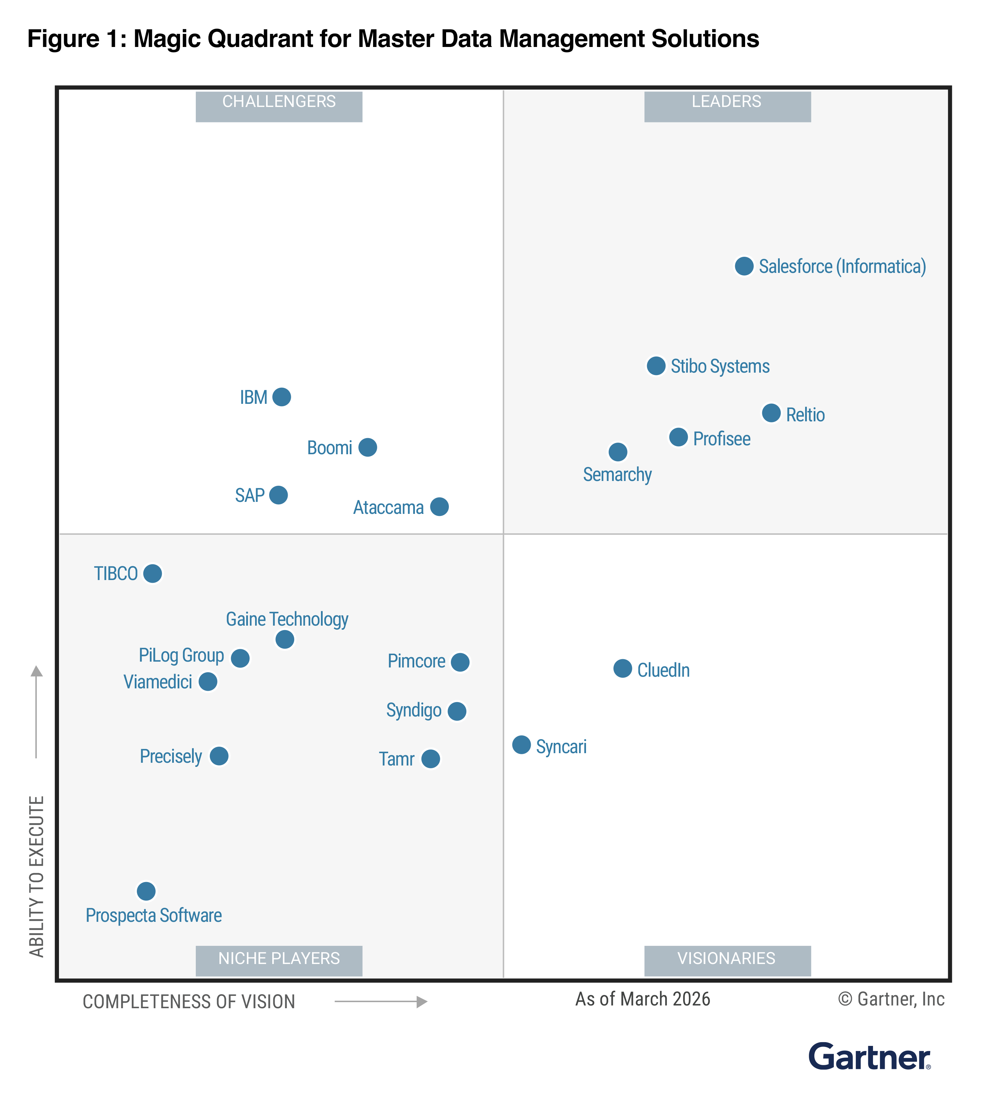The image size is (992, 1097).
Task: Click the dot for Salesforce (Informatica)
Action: [x=744, y=266]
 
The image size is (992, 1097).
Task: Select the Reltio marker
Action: [x=771, y=413]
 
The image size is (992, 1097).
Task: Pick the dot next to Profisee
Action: [x=678, y=437]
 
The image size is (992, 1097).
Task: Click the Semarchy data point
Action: [x=618, y=451]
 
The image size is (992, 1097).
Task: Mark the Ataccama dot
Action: [x=439, y=507]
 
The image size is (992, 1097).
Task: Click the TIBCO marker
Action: [x=152, y=573]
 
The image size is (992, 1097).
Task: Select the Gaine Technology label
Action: [x=287, y=619]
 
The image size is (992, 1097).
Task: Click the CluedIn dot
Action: [x=622, y=668]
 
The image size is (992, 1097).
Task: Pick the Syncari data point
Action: [x=521, y=744]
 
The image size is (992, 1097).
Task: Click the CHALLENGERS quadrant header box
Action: [x=279, y=106]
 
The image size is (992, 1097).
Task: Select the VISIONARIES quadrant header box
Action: [x=727, y=961]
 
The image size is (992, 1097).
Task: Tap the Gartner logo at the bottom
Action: [x=869, y=1057]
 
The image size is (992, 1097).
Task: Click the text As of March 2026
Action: [x=642, y=999]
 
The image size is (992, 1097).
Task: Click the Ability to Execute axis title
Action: [x=36, y=876]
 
